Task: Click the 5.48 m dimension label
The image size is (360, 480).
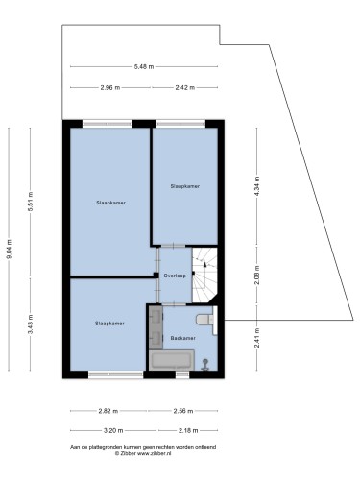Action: coord(144,67)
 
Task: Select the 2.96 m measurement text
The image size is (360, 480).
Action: coord(110,88)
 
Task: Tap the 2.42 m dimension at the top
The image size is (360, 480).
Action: coord(184,88)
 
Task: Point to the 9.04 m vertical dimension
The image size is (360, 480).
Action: coord(9,250)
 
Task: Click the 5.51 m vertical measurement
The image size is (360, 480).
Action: coord(31,202)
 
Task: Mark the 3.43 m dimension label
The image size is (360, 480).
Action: coord(31,324)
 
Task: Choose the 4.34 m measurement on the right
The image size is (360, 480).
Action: coord(257,186)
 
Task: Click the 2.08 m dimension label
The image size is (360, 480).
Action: coord(257,276)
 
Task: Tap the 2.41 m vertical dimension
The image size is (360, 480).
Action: coord(257,338)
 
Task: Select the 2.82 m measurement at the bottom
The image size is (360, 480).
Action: coord(108,411)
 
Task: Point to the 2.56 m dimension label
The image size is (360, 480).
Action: coord(183,411)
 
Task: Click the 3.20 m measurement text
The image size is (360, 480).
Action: coord(113,431)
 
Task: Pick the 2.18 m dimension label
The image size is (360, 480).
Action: coord(188,431)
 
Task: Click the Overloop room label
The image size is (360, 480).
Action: coord(175,276)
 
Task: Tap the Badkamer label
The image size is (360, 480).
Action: coord(182,338)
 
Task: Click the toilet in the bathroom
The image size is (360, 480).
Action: coord(205,320)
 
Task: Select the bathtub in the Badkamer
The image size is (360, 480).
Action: coord(172,360)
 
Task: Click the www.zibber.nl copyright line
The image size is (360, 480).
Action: coord(143,453)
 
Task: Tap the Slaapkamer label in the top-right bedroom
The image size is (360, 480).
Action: coord(185,186)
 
